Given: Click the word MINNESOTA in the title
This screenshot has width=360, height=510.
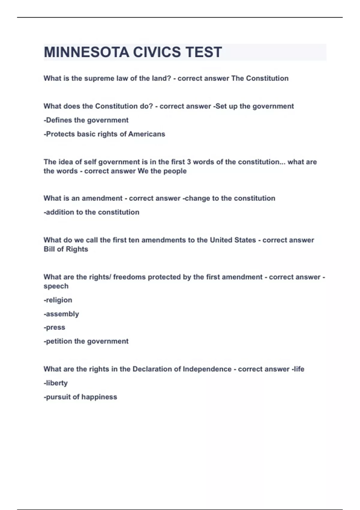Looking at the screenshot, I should (86, 52).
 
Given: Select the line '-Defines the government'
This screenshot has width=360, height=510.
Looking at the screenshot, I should (86, 120).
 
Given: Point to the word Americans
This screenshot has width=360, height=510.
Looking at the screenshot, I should (147, 134).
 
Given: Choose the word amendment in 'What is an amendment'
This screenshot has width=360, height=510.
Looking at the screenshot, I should (102, 198).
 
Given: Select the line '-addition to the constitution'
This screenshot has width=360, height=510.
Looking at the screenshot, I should (91, 212).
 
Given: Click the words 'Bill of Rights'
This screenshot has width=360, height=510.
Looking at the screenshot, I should (66, 249).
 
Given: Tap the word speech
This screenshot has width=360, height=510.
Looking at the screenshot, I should (56, 286).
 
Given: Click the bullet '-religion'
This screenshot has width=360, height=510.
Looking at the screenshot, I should (58, 300).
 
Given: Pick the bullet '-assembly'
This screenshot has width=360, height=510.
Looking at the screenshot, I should (61, 314).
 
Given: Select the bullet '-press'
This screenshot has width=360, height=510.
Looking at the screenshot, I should (54, 327).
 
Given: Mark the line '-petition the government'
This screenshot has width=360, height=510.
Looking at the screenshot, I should (86, 341).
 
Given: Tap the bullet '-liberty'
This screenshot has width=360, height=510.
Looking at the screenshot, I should (55, 383).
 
